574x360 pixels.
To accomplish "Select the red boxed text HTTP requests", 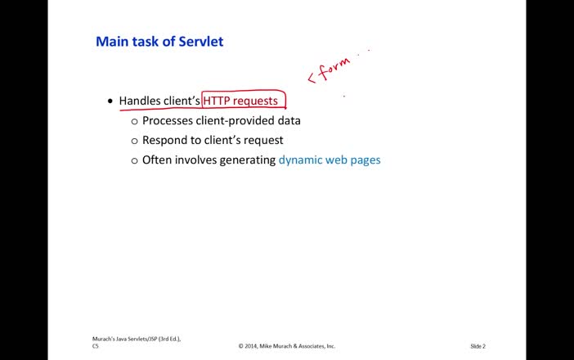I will tap(240, 101).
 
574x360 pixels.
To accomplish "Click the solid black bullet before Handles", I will tap(110, 101).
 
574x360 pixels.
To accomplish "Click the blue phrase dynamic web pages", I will tap(330, 160).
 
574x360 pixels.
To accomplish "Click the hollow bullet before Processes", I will tap(135, 121).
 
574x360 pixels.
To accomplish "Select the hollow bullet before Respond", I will tap(135, 141).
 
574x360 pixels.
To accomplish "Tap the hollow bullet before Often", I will tap(135, 160).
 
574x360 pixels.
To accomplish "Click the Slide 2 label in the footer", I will tap(478, 346).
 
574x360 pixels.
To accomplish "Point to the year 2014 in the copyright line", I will tap(254, 346).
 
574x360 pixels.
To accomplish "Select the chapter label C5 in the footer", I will tap(96, 346).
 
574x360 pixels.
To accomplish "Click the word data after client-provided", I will tap(289, 120).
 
